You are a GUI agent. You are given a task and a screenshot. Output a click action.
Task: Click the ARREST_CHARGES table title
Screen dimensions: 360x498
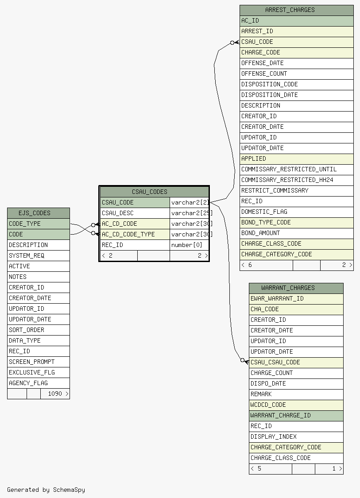tap(290, 10)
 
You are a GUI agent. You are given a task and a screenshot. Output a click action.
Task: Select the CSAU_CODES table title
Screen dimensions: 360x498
tap(149, 192)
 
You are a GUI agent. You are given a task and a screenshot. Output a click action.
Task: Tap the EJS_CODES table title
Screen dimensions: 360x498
tap(34, 213)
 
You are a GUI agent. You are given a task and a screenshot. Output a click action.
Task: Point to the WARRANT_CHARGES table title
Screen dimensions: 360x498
tap(288, 288)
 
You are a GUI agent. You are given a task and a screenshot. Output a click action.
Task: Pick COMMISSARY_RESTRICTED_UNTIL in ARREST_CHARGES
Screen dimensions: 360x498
tap(289, 169)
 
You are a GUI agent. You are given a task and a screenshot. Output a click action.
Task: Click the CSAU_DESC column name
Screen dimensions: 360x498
tap(117, 213)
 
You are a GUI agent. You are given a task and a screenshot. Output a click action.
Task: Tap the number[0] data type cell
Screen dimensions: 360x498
tap(186, 245)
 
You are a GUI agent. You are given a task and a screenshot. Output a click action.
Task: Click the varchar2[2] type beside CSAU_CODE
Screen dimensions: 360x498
tap(190, 203)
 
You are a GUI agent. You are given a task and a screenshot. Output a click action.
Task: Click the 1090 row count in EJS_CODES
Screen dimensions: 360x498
tap(54, 394)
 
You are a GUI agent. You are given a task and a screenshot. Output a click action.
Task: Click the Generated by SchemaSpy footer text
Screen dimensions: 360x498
tap(46, 490)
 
